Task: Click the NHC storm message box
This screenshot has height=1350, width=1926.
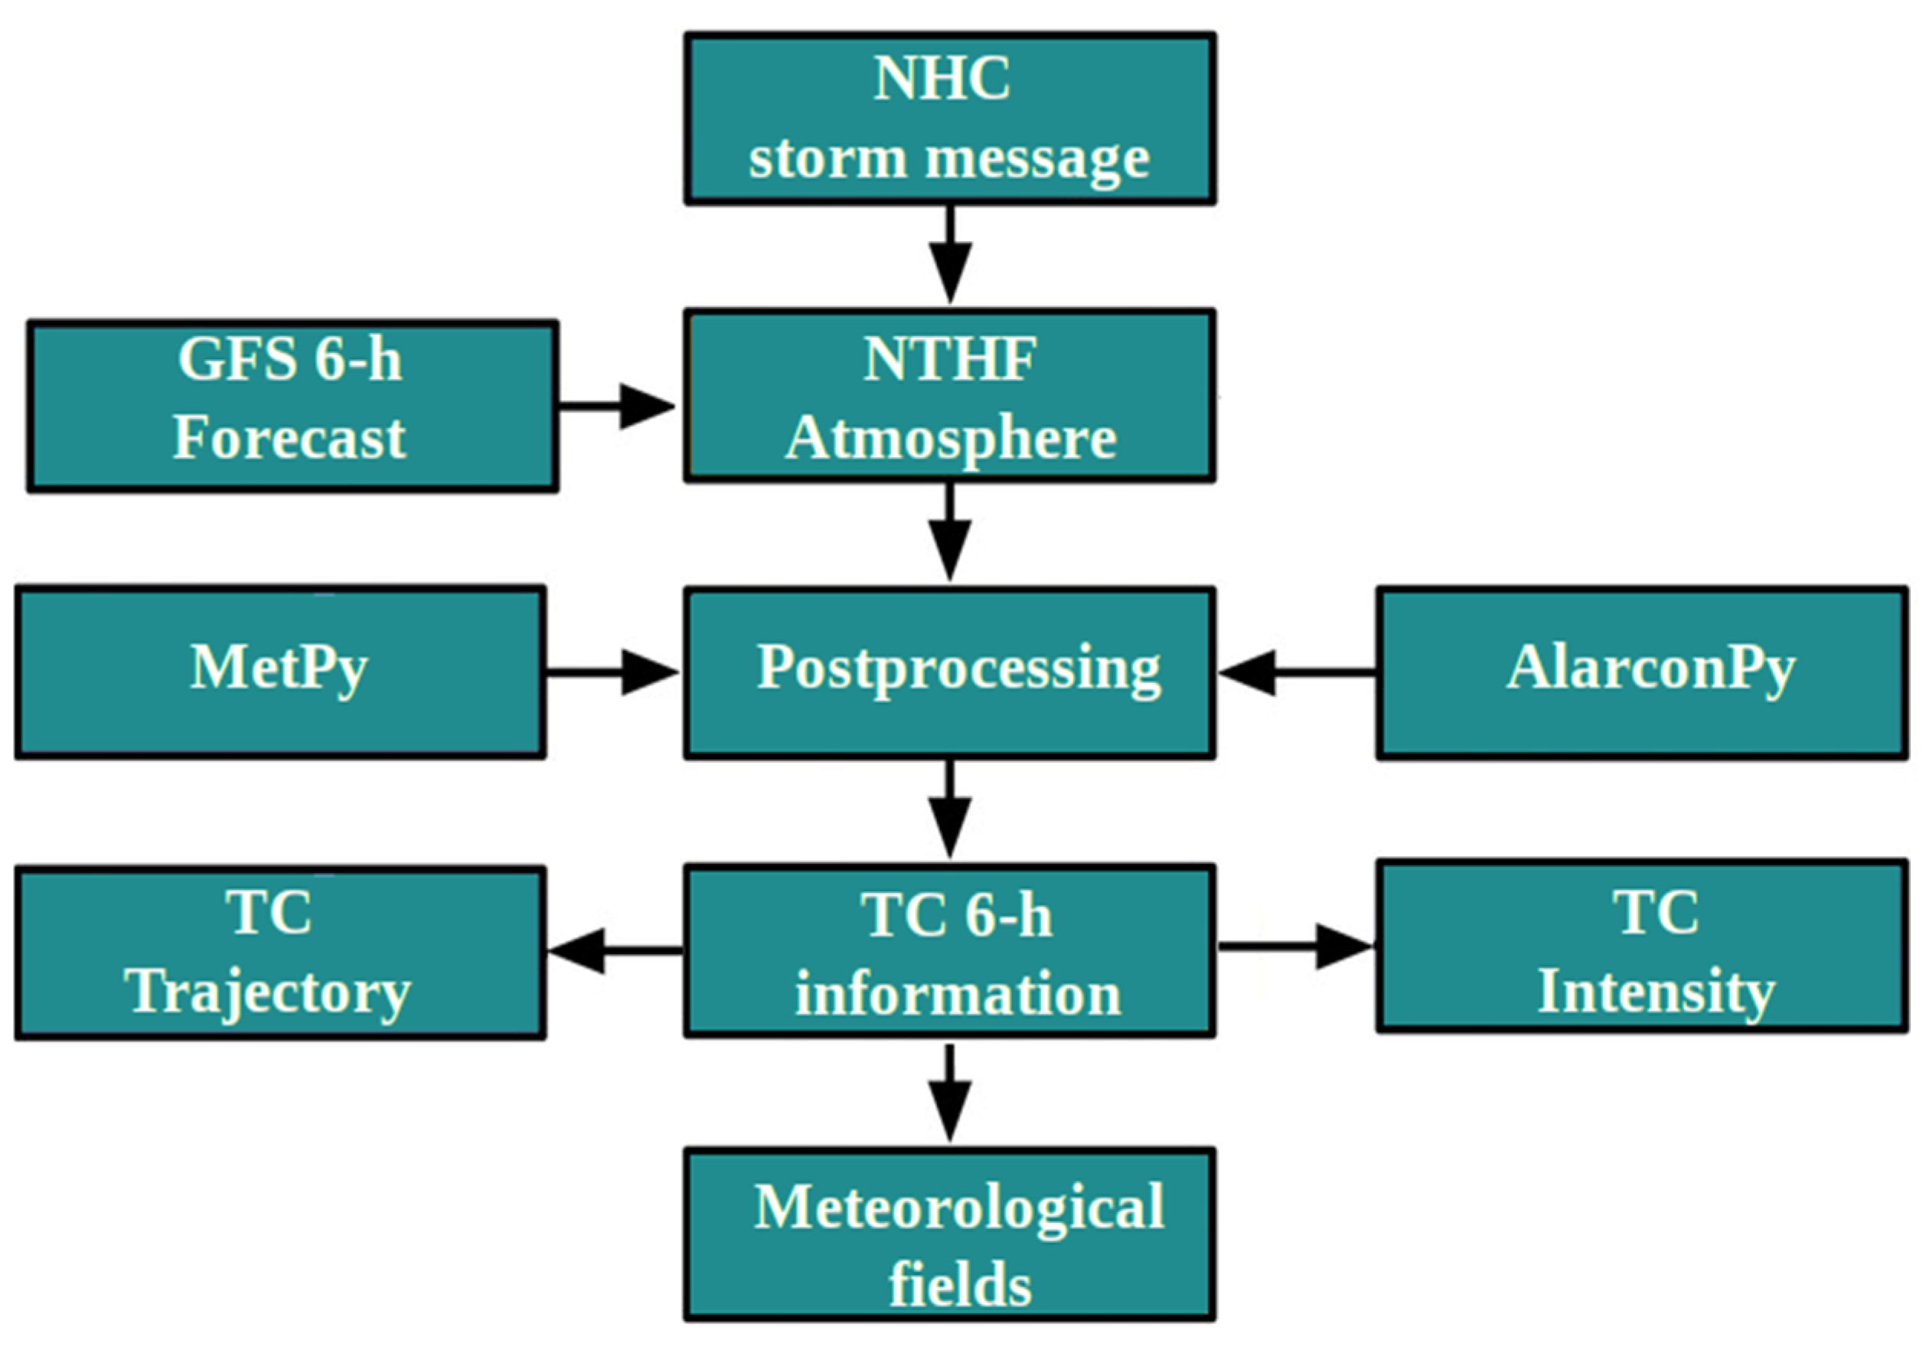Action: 949,118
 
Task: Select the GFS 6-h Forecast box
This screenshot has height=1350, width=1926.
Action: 292,406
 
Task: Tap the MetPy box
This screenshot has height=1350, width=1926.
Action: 280,672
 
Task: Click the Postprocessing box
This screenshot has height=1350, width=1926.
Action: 949,672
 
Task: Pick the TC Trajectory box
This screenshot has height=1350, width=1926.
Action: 280,953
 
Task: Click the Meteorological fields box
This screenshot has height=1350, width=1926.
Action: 949,1234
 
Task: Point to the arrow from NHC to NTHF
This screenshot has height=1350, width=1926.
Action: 949,256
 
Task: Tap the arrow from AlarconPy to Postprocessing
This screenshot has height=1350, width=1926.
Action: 1296,672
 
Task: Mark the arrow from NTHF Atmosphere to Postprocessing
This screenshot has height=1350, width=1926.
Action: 949,534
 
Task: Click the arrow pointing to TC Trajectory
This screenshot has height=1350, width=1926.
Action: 614,950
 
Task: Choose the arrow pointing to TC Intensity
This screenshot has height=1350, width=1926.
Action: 1296,946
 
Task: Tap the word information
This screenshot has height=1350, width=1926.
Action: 957,994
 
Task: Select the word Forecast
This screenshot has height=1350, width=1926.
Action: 289,438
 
